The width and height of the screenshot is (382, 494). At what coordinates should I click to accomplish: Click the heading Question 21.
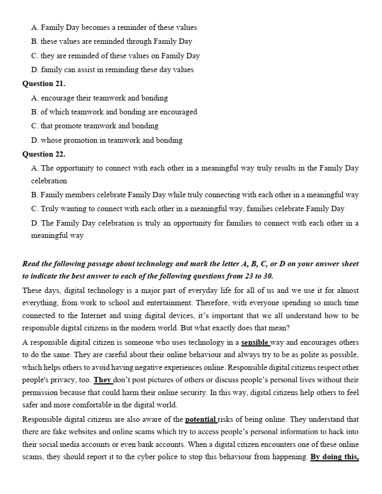pyautogui.click(x=44, y=84)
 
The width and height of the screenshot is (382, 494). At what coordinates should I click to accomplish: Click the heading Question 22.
pyautogui.click(x=44, y=154)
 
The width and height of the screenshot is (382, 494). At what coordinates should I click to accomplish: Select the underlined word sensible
pyautogui.click(x=255, y=342)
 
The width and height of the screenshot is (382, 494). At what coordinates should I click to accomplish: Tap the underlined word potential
pyautogui.click(x=201, y=419)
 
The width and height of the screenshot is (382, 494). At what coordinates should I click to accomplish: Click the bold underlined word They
pyautogui.click(x=102, y=380)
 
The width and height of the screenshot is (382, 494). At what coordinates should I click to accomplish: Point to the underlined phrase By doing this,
pyautogui.click(x=334, y=457)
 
